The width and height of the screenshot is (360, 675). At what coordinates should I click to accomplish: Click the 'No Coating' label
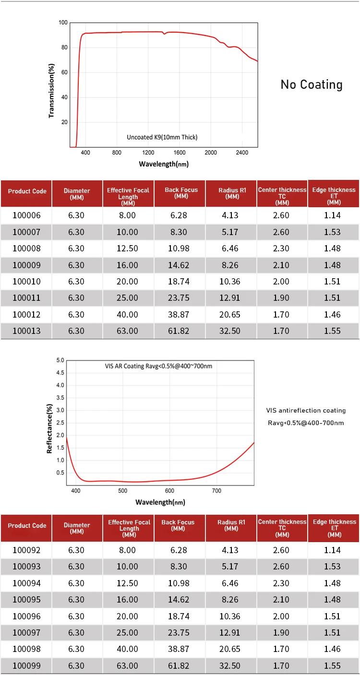point(312,84)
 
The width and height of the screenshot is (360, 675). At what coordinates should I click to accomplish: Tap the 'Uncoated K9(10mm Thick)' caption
point(162,137)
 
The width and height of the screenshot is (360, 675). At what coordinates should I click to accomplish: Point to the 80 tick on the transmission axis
point(64,47)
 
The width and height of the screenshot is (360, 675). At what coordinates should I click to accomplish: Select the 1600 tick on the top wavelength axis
point(180,153)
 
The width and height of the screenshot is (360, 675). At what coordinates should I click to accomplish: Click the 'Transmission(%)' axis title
point(51,90)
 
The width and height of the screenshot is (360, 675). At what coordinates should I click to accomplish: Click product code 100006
point(26,215)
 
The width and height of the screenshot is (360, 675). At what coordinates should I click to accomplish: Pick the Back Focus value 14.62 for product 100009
point(179,265)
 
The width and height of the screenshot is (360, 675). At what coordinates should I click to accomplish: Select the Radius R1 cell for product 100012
point(230,314)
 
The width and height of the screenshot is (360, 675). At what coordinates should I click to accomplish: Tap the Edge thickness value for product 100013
point(332,331)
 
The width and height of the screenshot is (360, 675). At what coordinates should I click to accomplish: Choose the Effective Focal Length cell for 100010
point(127,282)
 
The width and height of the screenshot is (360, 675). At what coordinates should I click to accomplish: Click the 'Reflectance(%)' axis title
point(49,428)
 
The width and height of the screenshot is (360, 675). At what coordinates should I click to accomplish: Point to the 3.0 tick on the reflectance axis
point(60,410)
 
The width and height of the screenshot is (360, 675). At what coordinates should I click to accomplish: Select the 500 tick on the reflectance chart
point(122,491)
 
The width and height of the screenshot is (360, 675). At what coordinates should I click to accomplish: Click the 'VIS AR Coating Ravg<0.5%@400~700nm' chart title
point(158,366)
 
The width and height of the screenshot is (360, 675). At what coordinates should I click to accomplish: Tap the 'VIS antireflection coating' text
point(306,411)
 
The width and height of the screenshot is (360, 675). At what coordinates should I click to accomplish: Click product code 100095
point(26,599)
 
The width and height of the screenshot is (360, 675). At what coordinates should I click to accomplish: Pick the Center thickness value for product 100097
point(281,632)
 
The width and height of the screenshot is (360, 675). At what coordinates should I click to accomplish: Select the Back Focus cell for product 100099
point(179,665)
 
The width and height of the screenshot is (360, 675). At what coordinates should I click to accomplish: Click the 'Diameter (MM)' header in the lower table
point(77,528)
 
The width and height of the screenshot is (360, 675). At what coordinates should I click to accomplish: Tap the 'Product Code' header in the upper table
point(27,191)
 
